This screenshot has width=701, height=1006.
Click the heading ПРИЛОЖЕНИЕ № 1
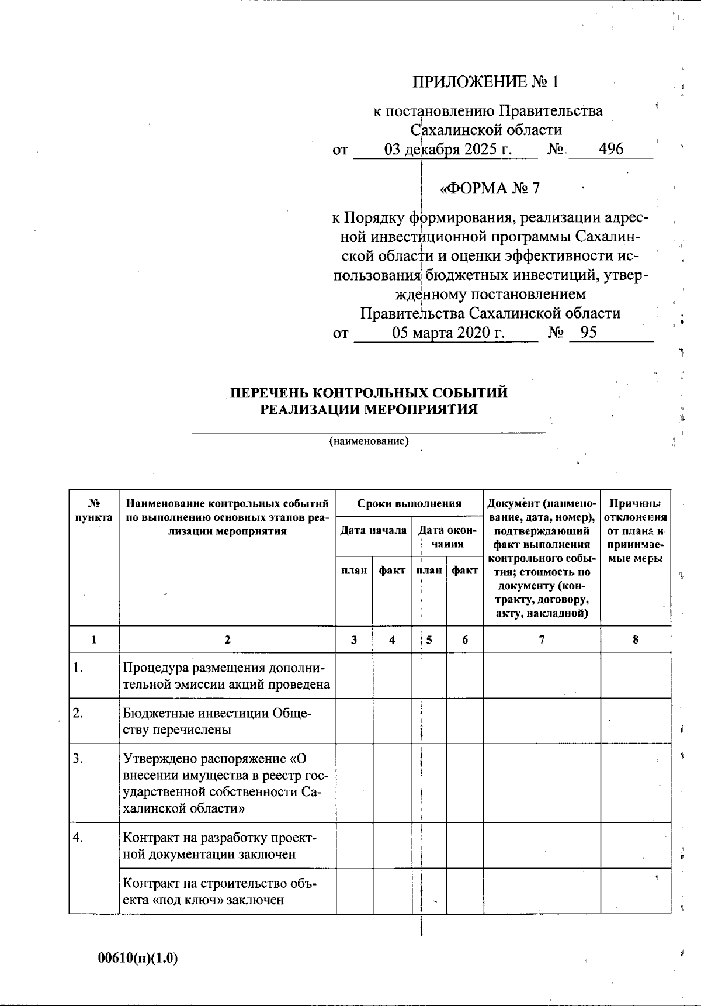(x=485, y=82)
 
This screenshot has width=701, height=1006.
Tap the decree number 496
(x=611, y=149)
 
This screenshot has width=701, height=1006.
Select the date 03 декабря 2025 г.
(x=447, y=150)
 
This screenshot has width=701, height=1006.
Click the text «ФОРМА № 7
(x=490, y=188)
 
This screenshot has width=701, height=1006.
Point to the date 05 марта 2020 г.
(x=448, y=333)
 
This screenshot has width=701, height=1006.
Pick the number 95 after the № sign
(x=589, y=333)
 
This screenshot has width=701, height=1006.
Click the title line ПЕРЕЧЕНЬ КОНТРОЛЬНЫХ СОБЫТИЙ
(x=368, y=393)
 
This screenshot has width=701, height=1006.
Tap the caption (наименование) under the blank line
(x=369, y=441)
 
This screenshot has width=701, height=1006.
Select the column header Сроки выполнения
(x=409, y=503)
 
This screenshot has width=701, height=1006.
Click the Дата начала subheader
(x=373, y=531)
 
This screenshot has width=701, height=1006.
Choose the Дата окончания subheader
(x=447, y=537)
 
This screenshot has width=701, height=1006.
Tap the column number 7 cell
(x=542, y=639)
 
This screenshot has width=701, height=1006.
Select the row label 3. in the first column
(x=78, y=759)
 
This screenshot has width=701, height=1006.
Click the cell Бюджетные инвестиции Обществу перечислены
(x=217, y=721)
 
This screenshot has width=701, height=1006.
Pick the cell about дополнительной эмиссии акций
(x=226, y=676)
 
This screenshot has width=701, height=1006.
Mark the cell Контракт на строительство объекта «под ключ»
(x=220, y=891)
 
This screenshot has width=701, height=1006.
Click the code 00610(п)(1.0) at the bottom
(x=138, y=958)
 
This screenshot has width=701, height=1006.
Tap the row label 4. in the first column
(x=78, y=838)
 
